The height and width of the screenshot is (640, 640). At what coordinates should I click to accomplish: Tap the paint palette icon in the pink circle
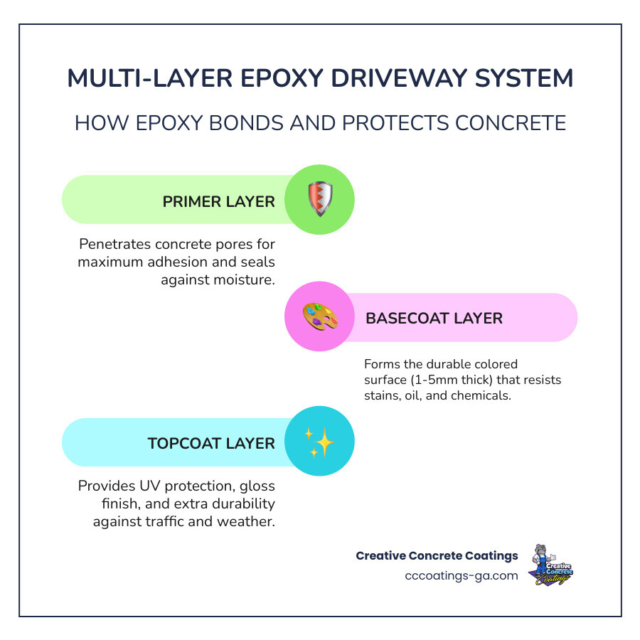point(319,317)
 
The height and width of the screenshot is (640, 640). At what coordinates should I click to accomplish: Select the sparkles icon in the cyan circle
point(319,442)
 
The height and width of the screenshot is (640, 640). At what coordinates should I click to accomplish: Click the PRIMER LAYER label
point(218,201)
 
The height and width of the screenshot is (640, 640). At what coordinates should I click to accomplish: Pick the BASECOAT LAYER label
point(434,318)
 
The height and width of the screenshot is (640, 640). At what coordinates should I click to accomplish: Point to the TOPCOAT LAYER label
point(210,443)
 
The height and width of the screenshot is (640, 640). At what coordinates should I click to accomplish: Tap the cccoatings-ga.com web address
point(462,575)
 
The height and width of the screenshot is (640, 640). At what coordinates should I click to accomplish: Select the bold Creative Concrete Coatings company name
point(437,555)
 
